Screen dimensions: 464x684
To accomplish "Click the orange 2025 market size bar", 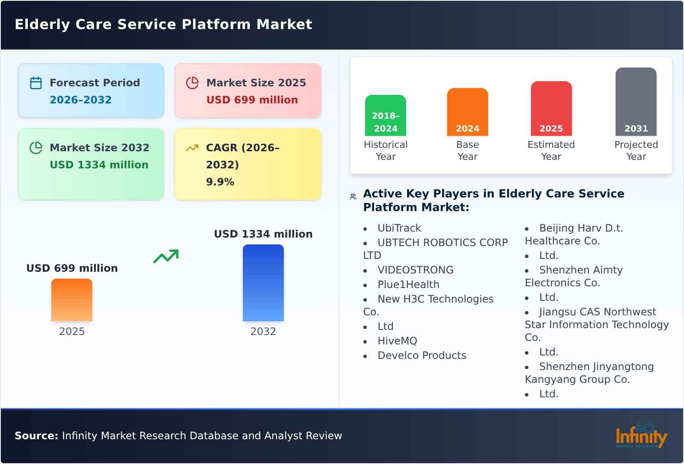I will pos(72,300).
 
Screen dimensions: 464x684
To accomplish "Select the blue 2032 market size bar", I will pos(263,283).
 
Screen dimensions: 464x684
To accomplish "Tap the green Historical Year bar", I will pos(386,115).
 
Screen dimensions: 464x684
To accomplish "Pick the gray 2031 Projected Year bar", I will pos(636,102).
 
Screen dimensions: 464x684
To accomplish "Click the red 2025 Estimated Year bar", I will pos(551,109).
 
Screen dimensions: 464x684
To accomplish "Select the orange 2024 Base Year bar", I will pos(467,112).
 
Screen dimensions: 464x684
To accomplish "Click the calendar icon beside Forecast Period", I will pos(36,83).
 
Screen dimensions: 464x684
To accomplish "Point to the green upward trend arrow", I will pos(166,256).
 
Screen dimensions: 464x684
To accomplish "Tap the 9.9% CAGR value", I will pos(220,182).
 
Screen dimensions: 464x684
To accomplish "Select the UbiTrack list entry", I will pos(399,228).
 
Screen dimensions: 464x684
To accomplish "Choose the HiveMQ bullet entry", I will pos(397,341).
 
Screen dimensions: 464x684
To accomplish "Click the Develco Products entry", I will pos(422,355).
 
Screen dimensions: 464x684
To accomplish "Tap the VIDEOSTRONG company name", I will pos(415,270).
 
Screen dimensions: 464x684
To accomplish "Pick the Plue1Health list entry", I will pos(408,285).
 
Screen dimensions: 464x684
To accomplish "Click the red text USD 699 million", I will pos(252,100).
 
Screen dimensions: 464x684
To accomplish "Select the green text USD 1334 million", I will pos(99,165).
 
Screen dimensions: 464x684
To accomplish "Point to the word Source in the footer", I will pos(36,436).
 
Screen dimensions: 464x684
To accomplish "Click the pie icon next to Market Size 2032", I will pos(36,148).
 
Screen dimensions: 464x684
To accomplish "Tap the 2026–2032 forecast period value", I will pos(80,100).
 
